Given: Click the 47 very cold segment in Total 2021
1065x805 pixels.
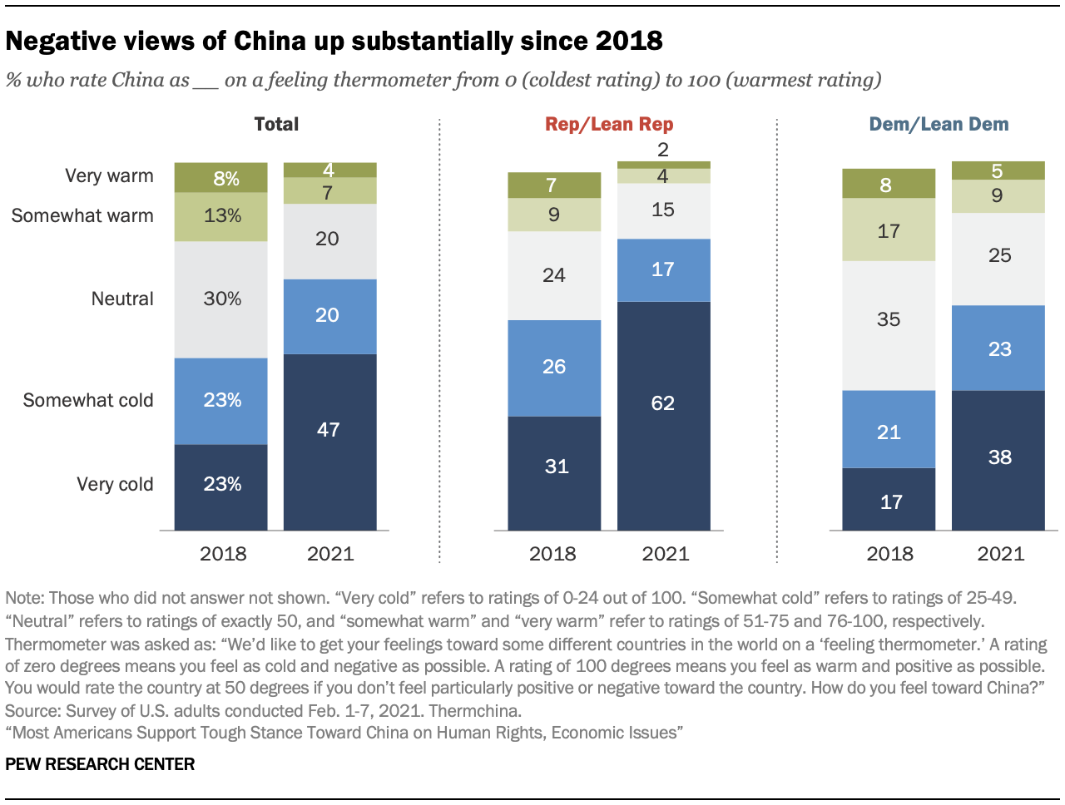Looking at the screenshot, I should [x=329, y=442].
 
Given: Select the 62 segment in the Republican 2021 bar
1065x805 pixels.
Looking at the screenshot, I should [x=663, y=415].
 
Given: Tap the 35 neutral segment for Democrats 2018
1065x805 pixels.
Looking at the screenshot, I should [x=889, y=325].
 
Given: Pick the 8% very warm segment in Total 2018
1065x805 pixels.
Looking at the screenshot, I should [x=220, y=178].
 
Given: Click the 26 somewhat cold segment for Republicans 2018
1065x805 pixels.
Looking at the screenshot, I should [x=554, y=368].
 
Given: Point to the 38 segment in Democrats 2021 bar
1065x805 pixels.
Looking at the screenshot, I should [x=998, y=460].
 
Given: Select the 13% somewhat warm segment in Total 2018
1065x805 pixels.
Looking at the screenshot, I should [x=220, y=216].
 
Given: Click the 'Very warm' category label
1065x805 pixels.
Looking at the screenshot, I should [x=109, y=175].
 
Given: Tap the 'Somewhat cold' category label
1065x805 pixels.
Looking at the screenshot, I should [x=88, y=400].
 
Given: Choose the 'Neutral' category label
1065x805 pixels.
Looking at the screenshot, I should [x=122, y=299].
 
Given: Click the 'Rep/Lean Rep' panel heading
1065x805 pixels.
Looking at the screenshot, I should [x=609, y=124].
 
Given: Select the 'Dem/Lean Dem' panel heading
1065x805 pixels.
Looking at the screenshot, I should [x=939, y=124].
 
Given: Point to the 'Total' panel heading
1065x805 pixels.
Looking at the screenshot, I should [x=276, y=124].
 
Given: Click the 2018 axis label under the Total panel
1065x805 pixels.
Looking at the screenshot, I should [x=223, y=554].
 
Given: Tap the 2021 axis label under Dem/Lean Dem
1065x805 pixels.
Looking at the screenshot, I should [x=1000, y=554].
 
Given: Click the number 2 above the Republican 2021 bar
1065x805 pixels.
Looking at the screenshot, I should [x=663, y=150].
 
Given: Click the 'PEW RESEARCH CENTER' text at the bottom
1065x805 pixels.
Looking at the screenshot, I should [x=100, y=764].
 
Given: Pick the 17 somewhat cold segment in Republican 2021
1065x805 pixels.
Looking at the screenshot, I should [x=663, y=269].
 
